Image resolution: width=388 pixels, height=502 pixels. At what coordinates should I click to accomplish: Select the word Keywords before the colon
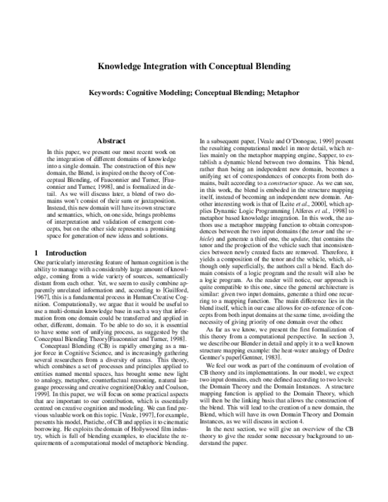(x=106, y=93)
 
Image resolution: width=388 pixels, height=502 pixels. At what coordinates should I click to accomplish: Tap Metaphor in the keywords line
(x=281, y=93)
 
